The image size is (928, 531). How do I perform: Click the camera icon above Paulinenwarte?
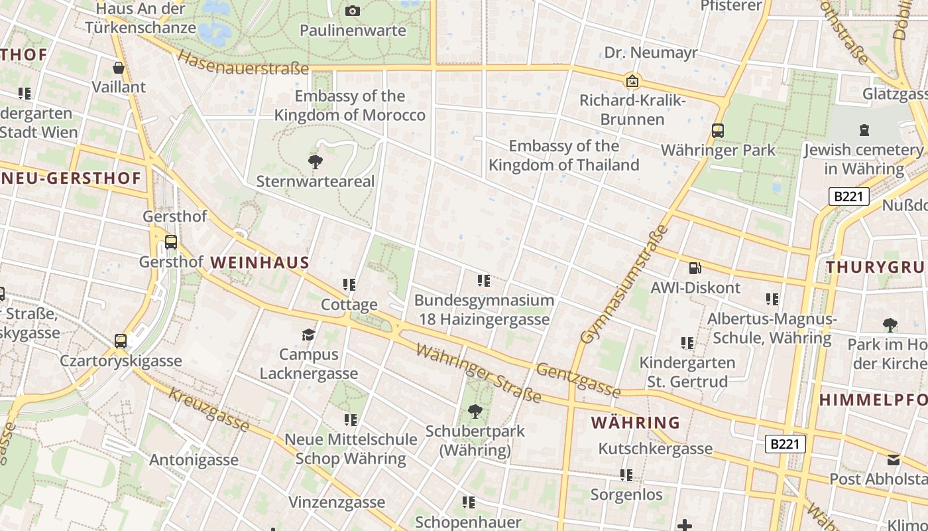coord(353,11)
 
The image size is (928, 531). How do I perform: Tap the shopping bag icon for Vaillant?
coord(119,68)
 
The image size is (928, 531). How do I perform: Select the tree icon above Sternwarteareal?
coord(316,161)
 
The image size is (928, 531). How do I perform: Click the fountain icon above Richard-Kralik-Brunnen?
coord(632,81)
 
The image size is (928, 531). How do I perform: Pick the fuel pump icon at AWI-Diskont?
coord(695,268)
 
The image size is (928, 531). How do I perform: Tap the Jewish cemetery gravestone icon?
coord(864,130)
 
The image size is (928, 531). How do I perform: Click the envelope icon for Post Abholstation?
coord(894,459)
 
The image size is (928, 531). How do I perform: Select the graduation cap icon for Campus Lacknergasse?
coord(308,335)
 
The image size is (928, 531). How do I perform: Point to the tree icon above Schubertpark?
coord(475,412)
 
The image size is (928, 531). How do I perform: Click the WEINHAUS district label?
coord(260,263)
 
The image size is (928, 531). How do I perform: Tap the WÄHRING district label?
coord(635,423)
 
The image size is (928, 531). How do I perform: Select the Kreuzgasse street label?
coord(209,408)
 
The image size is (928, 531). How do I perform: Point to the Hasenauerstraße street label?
coord(244,64)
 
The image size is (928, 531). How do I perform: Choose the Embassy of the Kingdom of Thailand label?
coord(564,155)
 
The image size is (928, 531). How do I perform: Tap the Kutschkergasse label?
coord(655,449)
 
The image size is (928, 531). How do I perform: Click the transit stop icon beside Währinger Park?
coord(718,130)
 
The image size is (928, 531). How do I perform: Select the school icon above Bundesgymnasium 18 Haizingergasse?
coord(484,281)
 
